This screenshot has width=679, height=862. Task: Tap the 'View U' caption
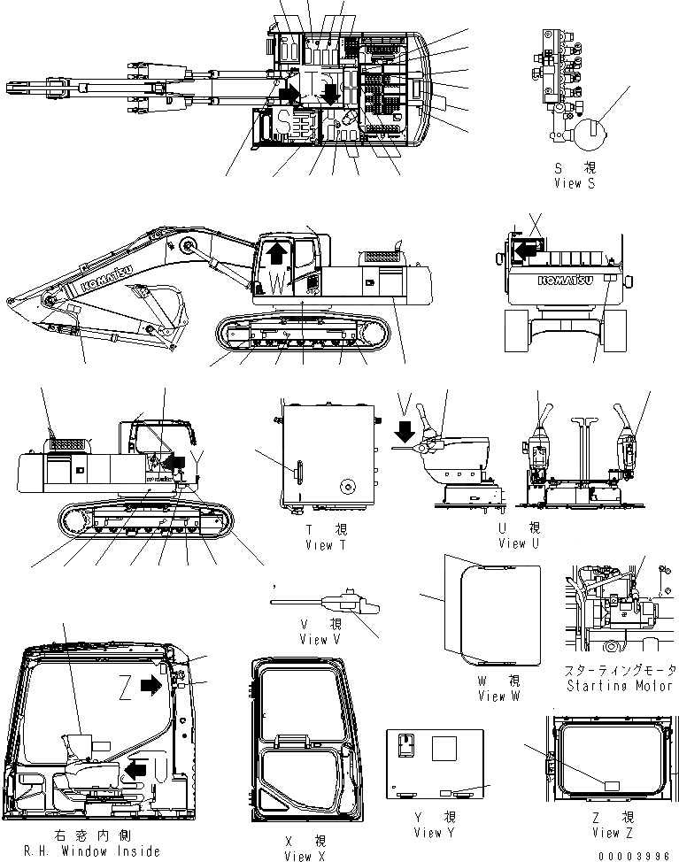pyautogui.click(x=520, y=543)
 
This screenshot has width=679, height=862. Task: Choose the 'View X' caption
pyautogui.click(x=298, y=856)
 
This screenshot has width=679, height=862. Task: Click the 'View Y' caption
pyautogui.click(x=433, y=832)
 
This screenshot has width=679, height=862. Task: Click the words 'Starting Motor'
pyautogui.click(x=616, y=686)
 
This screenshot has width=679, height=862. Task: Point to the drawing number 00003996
pyautogui.click(x=637, y=855)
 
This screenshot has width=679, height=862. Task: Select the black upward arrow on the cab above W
pyautogui.click(x=277, y=255)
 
